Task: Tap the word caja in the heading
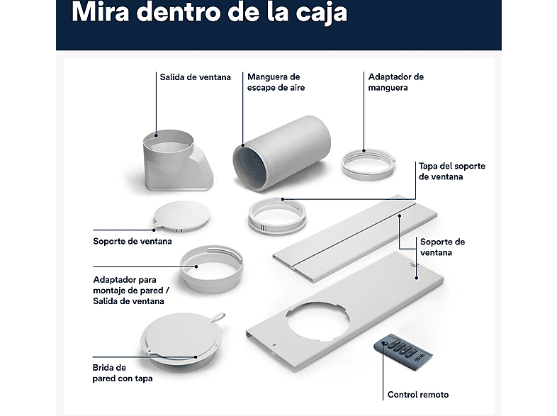[x=322, y=13]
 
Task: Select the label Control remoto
[x=417, y=395]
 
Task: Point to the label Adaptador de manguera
[x=395, y=82]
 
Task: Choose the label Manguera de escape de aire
[x=273, y=82]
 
